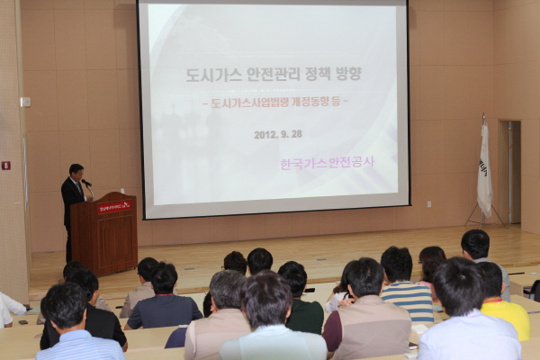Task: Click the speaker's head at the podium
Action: coord(76,171)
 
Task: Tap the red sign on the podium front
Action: coord(114,207)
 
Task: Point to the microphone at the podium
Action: coord(86,184)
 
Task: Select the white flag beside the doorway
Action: coord(484,169)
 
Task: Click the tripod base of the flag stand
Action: coord(484,217)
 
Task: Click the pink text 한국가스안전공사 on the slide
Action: coord(326,163)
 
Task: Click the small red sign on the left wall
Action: coord(5,166)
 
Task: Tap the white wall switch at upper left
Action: coord(25,102)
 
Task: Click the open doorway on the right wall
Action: coord(510,171)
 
